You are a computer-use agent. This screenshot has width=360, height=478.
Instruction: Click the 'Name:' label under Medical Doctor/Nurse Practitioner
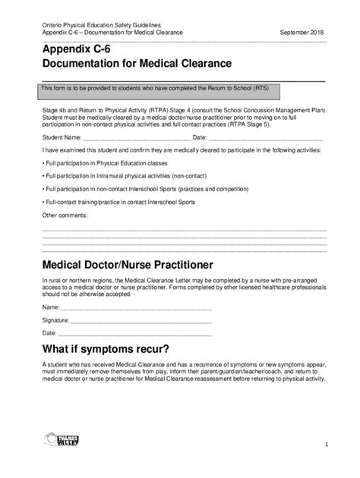click(50, 307)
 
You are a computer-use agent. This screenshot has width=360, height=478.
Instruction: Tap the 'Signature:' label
click(55, 320)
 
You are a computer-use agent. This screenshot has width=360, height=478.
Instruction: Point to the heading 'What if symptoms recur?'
click(106, 349)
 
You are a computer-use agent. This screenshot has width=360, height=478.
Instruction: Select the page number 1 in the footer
click(325, 444)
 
